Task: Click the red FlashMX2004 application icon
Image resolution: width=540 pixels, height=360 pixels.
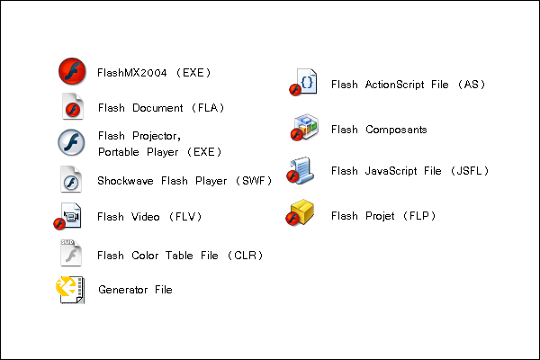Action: pos(71,70)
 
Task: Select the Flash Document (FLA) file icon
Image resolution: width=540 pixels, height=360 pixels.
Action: pos(71,107)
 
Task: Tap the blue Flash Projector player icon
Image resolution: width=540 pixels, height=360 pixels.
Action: pos(71,143)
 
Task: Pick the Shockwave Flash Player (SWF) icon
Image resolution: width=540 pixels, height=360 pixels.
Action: pos(71,180)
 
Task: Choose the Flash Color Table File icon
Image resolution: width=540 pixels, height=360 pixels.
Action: pos(70,254)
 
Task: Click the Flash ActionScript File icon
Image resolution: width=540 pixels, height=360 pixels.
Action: pos(303,84)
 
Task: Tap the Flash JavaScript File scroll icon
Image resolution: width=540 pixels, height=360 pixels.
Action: pos(301,170)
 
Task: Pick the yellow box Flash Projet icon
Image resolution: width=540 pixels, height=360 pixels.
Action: pos(301,214)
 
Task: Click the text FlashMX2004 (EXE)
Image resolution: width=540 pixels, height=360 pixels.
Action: pos(154,71)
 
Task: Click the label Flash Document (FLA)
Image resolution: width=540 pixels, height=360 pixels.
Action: pos(160,108)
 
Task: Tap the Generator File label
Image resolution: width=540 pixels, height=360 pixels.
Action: pos(134,290)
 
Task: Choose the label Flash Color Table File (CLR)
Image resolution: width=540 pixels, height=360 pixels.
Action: pos(180,256)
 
